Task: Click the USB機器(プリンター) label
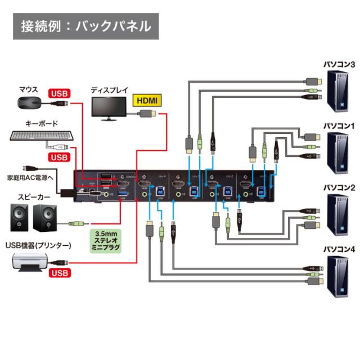pyautogui.click(x=38, y=245)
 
